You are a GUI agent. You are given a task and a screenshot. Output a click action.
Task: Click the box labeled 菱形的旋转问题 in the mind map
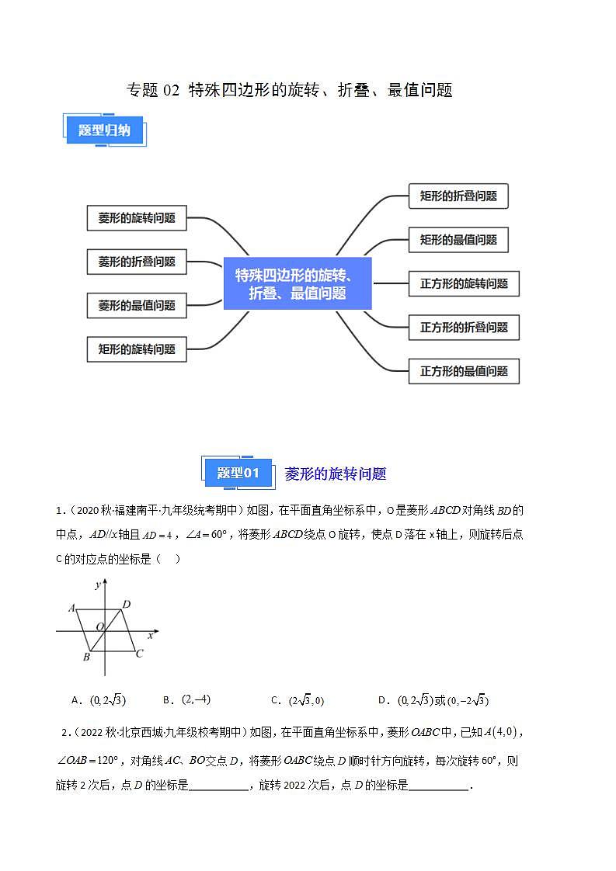pos(137,218)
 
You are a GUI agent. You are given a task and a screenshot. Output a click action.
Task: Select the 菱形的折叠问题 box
pos(137,262)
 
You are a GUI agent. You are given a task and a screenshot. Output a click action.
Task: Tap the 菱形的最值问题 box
pos(137,305)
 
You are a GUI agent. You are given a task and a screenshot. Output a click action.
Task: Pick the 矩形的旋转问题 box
pos(137,349)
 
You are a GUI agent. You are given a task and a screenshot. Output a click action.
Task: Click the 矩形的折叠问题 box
pos(458,196)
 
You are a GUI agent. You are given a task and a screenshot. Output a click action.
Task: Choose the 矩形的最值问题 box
pos(458,240)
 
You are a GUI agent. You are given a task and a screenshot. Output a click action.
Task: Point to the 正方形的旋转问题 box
pos(464,284)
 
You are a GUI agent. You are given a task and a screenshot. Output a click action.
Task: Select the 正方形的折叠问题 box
pos(464,328)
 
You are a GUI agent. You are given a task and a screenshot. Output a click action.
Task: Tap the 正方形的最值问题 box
pos(464,371)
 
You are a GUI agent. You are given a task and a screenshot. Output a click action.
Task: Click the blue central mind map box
pos(298,283)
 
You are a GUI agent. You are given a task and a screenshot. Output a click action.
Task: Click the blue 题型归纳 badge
pos(105,130)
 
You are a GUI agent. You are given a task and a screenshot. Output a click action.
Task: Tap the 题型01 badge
pos(238,473)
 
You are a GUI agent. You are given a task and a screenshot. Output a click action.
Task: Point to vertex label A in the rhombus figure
pos(71,608)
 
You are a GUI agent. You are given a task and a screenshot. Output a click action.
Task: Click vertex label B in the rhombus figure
pos(86,658)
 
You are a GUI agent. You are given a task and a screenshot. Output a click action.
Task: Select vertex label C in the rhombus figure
pos(139,654)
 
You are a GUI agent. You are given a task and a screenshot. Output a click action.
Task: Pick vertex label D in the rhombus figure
pos(127,604)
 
